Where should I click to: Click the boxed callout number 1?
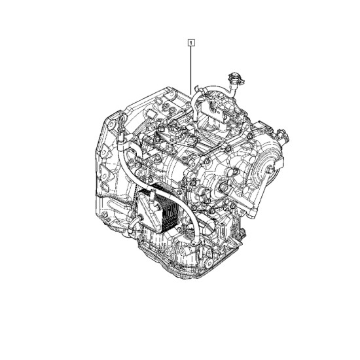(191, 43)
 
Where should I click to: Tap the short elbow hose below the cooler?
(134, 223)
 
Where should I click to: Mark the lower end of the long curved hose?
(195, 242)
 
